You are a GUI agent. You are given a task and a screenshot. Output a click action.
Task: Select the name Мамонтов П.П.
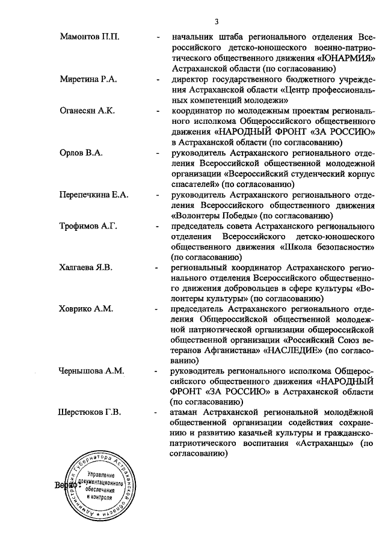point(90,37)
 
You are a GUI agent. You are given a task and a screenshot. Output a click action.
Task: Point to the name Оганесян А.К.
point(89,111)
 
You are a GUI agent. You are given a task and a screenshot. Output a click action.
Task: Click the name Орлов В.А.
point(81,153)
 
